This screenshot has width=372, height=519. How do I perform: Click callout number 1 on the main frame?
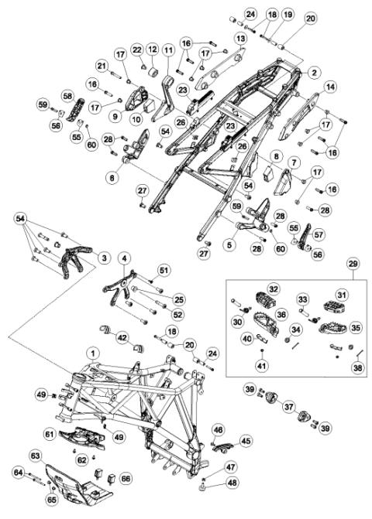[93, 353]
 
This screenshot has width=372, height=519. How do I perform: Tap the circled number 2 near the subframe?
[314, 73]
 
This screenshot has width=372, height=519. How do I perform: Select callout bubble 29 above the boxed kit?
[353, 264]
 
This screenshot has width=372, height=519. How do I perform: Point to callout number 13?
[241, 39]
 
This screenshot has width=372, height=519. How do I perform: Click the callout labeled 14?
[330, 87]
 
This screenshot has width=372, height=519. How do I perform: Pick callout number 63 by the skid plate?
[36, 456]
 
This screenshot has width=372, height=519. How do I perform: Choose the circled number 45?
[246, 441]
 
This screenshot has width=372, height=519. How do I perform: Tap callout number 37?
[289, 406]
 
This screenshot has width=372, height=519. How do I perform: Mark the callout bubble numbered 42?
[122, 338]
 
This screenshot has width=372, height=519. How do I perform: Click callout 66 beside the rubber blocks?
[126, 478]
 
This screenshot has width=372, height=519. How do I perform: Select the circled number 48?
[232, 483]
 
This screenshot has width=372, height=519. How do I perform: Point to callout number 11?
[169, 50]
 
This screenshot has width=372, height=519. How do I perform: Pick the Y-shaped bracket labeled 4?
[119, 287]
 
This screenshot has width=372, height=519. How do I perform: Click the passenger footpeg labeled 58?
[74, 109]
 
